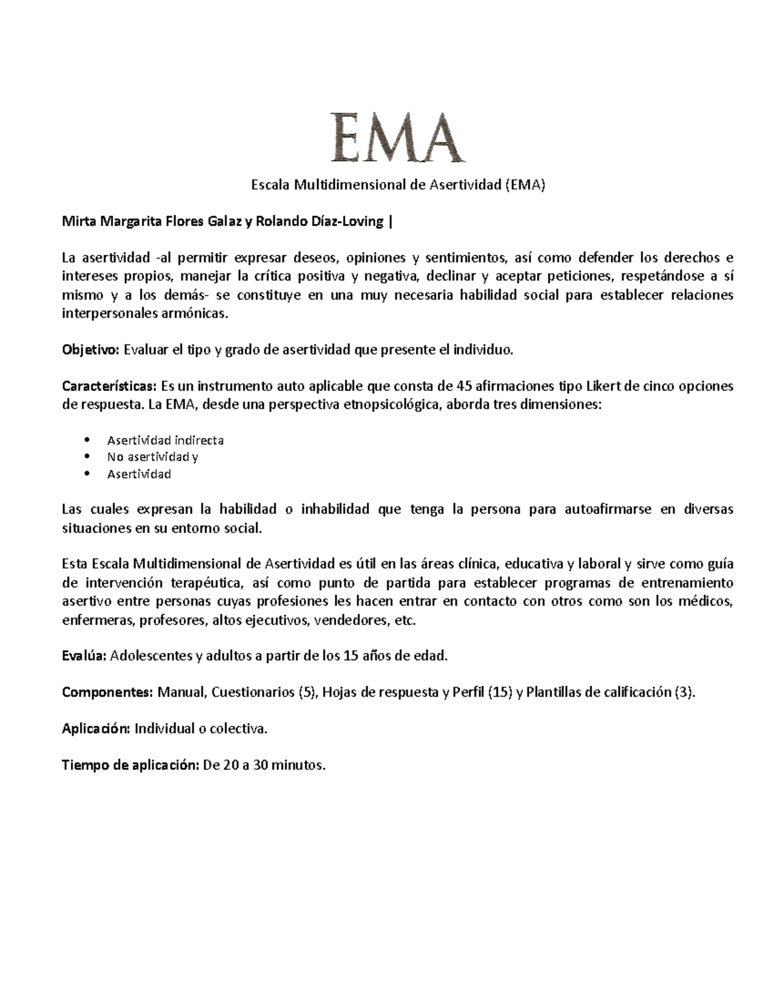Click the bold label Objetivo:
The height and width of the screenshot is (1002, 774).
point(90,350)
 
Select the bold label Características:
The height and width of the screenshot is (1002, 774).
point(109,386)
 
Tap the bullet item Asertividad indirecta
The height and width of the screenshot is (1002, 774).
point(165,441)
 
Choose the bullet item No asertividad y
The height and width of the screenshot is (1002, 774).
point(152,457)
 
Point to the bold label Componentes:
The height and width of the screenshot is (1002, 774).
point(107,692)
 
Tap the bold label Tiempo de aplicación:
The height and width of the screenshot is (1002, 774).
point(130,766)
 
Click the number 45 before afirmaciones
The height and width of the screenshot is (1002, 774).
point(463,386)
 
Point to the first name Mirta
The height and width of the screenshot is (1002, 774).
point(77,223)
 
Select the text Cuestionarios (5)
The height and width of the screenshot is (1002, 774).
point(264,692)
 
